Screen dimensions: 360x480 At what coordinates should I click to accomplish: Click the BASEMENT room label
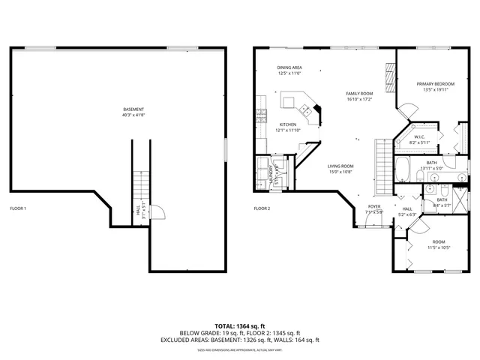point(133,109)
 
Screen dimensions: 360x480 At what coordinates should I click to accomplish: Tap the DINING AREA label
point(289,67)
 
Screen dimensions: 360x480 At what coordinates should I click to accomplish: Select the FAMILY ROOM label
point(360,94)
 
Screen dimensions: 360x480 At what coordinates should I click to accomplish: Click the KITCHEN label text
point(288,124)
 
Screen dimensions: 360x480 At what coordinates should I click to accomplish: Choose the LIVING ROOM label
point(340,166)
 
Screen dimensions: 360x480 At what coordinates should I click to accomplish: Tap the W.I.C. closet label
point(420,136)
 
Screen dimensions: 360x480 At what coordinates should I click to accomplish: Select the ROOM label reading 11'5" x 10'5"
point(439,241)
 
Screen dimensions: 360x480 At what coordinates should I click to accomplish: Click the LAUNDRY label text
point(271,174)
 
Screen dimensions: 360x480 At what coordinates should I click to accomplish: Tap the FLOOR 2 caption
point(262,208)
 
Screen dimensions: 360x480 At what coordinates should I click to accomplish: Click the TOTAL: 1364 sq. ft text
point(240,325)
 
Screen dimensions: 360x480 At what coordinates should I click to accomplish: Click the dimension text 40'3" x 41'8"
point(133,115)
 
